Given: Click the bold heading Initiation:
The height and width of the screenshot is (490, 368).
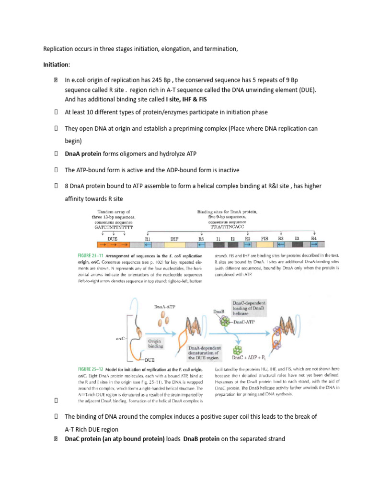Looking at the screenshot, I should tap(57, 64).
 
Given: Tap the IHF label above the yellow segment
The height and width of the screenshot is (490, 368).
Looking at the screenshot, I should tap(174, 237).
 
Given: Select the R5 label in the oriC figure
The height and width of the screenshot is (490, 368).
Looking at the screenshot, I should tap(201, 237).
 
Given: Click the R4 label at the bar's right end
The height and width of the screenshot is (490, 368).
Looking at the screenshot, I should tap(313, 237).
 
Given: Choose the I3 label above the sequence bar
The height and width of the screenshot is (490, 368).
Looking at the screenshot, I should tap(297, 237).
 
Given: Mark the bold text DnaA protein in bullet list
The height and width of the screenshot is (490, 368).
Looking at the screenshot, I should tap(83, 154).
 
